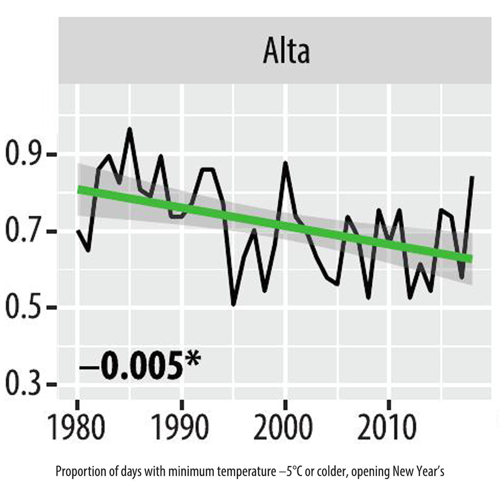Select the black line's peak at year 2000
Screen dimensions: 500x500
coord(285,163)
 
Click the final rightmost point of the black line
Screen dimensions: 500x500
coord(472,177)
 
